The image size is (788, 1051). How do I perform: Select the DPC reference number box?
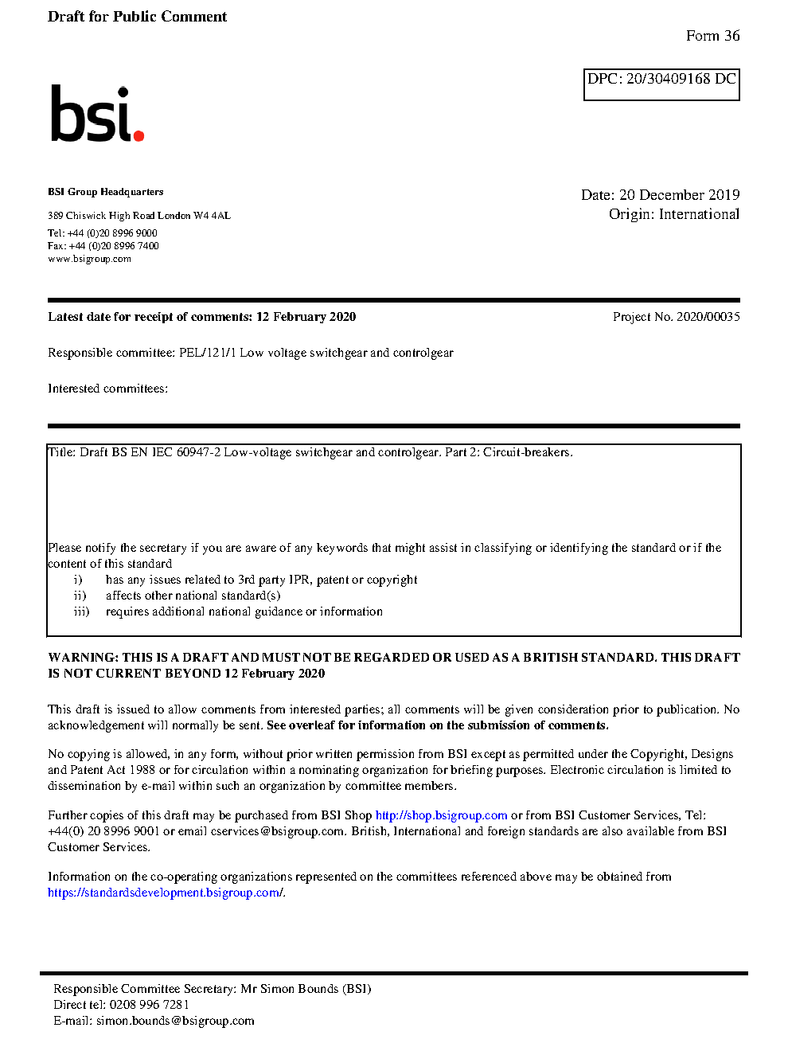point(661,84)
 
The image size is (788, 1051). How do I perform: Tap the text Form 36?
point(712,36)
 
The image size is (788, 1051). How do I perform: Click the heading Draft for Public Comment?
point(137,17)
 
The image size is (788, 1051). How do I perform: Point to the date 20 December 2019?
point(679,195)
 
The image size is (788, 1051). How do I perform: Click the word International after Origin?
point(699,214)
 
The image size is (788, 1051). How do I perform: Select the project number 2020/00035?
point(708,317)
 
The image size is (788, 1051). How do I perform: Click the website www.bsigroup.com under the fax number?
point(89,259)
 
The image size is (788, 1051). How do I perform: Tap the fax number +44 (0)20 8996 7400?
point(114,246)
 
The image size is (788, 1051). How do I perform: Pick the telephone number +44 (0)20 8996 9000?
point(112,233)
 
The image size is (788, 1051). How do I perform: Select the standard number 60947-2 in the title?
point(198,452)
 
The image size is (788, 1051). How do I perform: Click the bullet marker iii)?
point(81,611)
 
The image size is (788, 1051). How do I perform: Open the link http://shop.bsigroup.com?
point(441,815)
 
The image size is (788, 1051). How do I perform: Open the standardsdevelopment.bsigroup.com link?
point(165,893)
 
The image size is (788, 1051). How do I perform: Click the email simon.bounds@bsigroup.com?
point(175,1021)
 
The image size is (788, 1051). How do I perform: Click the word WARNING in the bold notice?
point(83,658)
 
